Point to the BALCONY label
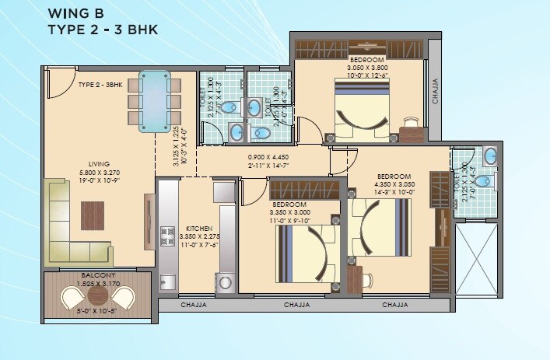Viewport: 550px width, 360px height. click(x=98, y=276)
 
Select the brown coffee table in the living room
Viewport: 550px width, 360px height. click(x=93, y=215)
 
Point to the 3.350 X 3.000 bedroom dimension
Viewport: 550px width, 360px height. click(x=289, y=211)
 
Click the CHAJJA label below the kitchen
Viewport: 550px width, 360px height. click(x=194, y=305)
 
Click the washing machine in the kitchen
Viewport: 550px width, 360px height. click(x=226, y=281)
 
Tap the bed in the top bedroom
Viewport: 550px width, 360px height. click(x=362, y=113)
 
